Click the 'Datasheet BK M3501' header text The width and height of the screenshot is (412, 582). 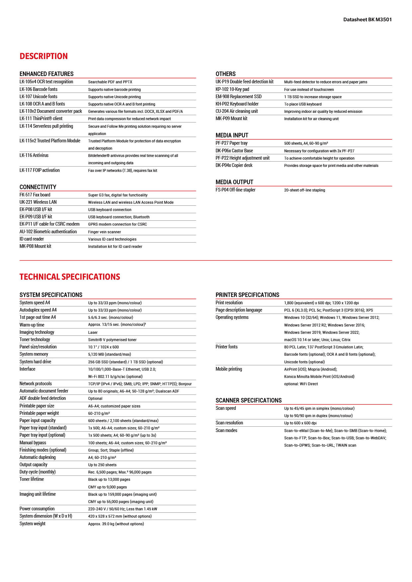click(367, 20)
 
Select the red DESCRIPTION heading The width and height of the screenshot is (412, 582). click(43, 56)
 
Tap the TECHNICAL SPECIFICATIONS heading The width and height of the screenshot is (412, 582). click(70, 277)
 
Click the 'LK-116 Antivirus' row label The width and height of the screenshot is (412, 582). click(34, 155)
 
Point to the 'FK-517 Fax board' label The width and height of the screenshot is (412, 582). click(35, 195)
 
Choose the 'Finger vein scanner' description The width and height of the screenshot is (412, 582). click(104, 232)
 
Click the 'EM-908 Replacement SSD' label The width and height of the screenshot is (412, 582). click(238, 97)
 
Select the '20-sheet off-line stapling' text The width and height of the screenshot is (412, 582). click(304, 190)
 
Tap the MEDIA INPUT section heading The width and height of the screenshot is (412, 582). click(232, 135)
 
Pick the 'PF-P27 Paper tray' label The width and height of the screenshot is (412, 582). click(231, 143)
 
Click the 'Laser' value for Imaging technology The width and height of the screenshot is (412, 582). click(93, 332)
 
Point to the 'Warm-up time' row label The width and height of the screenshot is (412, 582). click(32, 325)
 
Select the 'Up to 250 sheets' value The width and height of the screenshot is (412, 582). click(102, 465)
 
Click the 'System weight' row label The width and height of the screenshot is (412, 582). click(33, 524)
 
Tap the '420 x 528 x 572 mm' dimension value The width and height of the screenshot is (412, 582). click(120, 516)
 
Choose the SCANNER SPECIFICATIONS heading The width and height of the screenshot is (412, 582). click(248, 400)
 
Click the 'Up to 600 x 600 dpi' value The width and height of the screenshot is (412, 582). click(300, 423)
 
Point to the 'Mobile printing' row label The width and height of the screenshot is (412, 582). click(229, 369)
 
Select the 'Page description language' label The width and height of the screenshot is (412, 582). click(239, 310)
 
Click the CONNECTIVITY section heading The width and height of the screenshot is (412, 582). click(38, 187)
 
